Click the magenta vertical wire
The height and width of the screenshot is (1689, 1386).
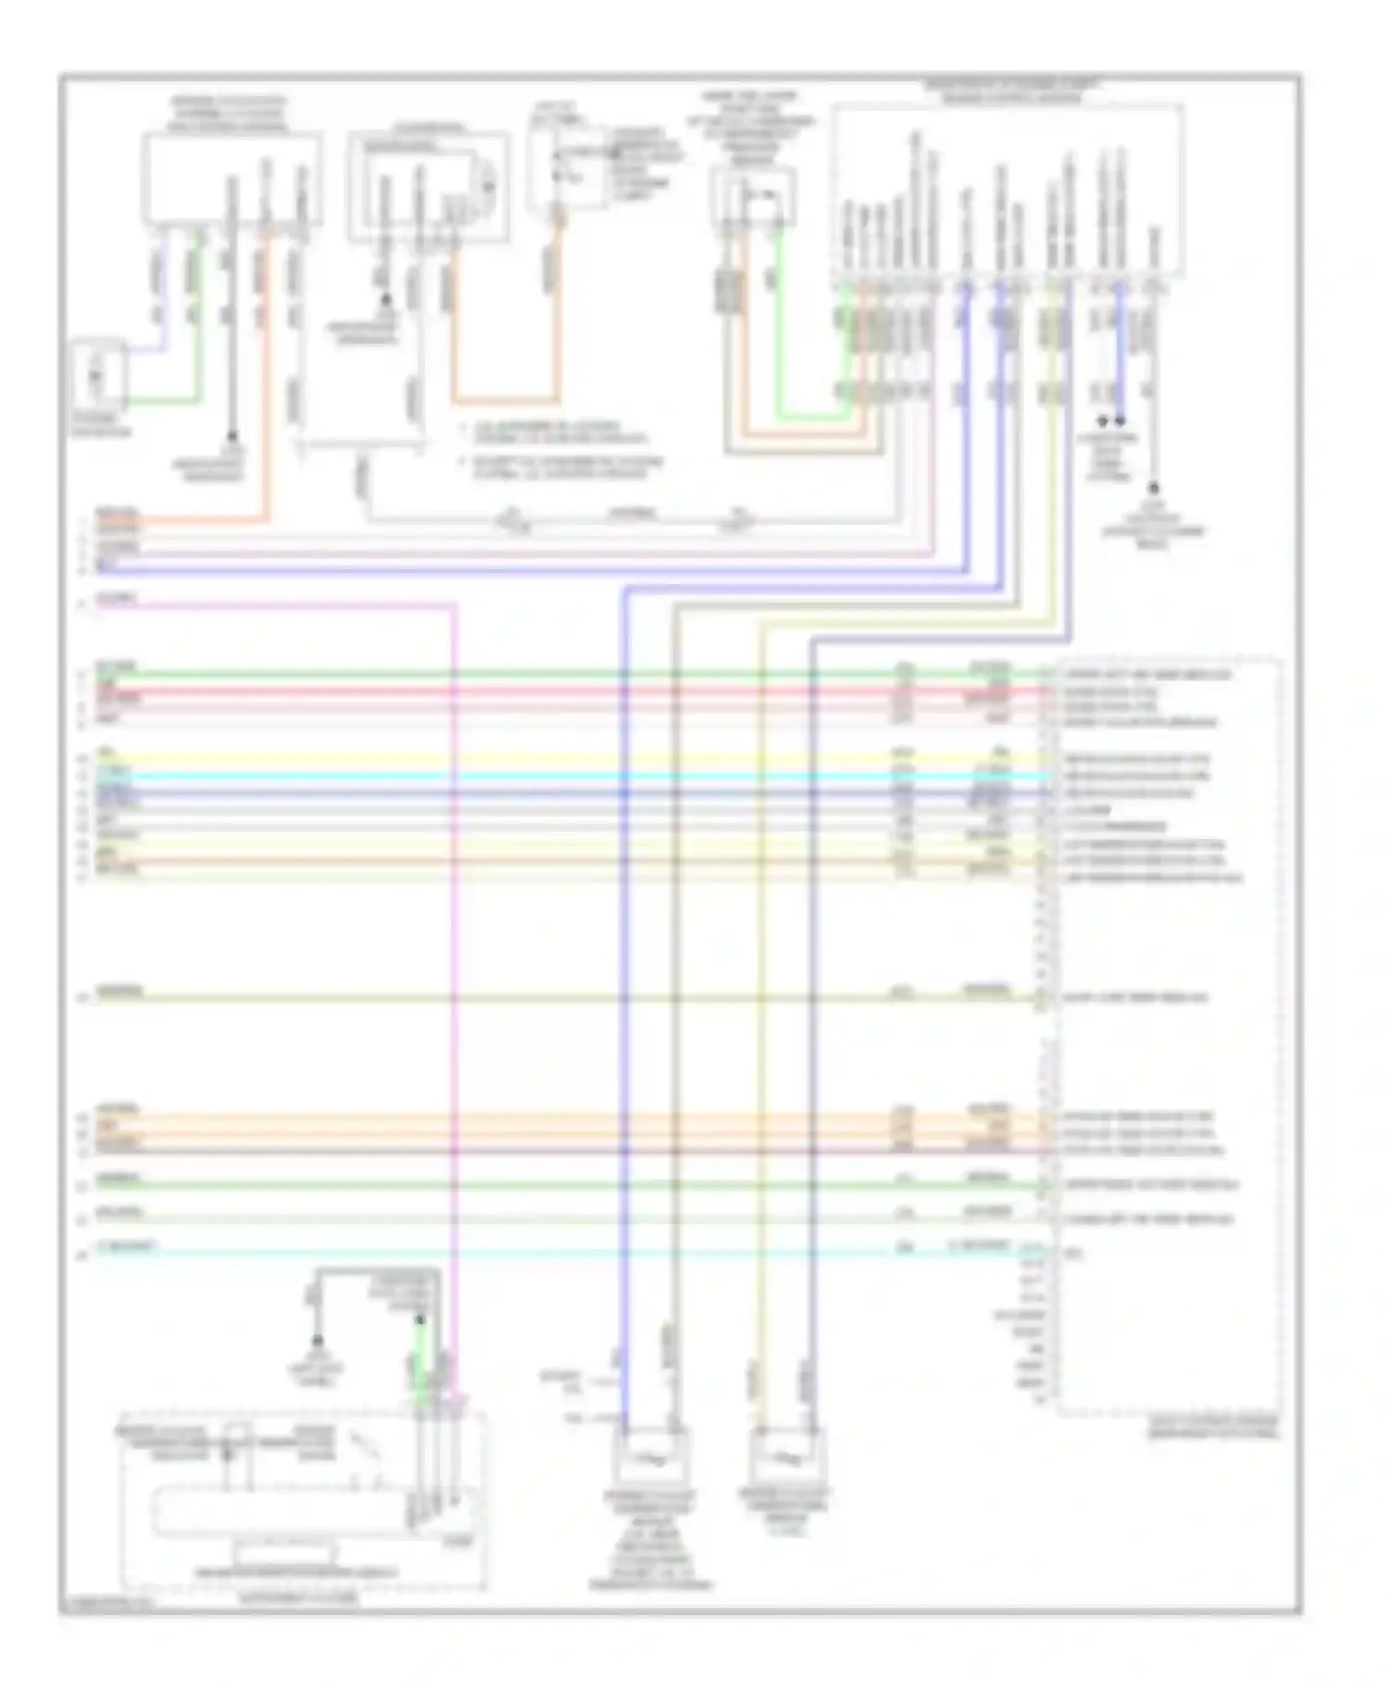455,924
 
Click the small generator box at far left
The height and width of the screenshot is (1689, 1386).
99,375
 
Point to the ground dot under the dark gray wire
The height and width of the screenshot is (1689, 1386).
232,435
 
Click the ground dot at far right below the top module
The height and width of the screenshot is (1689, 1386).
1153,487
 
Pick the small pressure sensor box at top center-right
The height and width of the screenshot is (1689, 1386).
754,199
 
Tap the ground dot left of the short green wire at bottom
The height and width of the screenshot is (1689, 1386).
317,1340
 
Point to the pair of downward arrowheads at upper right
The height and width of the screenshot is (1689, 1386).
1111,420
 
